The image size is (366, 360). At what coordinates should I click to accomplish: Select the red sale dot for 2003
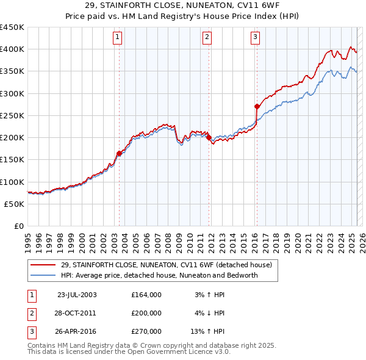pos(120,153)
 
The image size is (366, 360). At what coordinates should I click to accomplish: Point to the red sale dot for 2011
pos(209,137)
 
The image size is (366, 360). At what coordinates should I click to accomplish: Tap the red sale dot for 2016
pos(257,106)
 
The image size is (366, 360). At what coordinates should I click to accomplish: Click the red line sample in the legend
pos(43,264)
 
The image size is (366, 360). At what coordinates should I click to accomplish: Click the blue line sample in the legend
pos(43,275)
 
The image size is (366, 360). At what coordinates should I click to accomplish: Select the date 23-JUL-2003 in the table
pos(77,295)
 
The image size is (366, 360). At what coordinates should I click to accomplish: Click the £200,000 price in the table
pos(146,313)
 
